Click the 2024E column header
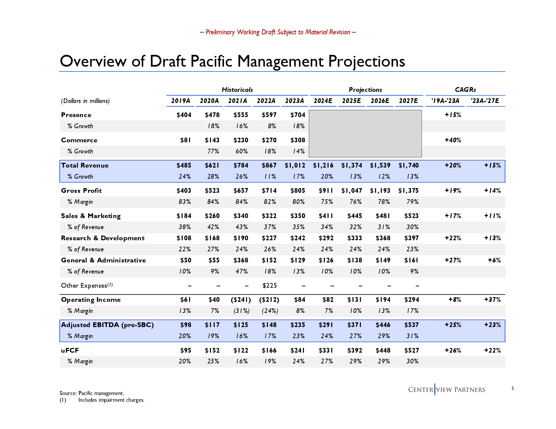(323, 101)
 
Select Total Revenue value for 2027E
(408, 166)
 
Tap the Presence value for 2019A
(184, 115)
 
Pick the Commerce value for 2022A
(269, 140)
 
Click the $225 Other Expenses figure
(270, 286)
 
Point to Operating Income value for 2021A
(241, 300)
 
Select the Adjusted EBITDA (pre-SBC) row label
(107, 325)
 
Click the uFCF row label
(70, 351)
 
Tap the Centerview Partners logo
(446, 390)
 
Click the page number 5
(513, 389)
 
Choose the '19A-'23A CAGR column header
(445, 101)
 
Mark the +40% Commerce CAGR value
(453, 140)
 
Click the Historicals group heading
(237, 90)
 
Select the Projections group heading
(365, 90)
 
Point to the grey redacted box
(365, 134)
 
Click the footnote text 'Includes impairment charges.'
(111, 400)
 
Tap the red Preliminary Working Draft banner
(278, 32)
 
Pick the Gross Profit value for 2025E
(351, 191)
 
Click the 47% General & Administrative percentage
(242, 272)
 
